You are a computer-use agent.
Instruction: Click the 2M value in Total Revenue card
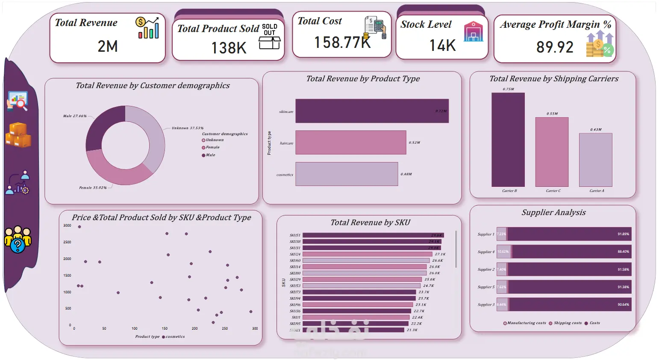[108, 46]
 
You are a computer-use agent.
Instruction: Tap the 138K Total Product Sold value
[229, 48]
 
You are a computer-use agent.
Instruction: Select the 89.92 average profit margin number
[555, 47]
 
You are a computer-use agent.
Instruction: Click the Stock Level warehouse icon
[474, 32]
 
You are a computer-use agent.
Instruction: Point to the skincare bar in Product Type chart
[372, 111]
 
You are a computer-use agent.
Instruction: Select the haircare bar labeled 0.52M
[350, 142]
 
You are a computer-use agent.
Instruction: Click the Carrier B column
[508, 140]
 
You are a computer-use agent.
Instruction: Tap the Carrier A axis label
[597, 191]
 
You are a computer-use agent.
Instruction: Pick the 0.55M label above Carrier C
[552, 114]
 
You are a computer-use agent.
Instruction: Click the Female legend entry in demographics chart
[212, 148]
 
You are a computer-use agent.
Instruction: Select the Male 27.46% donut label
[75, 116]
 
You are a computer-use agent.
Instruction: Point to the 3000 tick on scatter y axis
[67, 225]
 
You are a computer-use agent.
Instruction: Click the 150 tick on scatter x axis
[165, 328]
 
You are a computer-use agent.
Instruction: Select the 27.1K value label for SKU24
[440, 254]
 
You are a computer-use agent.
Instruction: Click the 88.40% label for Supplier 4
[623, 252]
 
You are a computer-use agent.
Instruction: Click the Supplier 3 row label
[486, 305]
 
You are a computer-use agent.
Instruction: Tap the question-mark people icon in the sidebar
[18, 239]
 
